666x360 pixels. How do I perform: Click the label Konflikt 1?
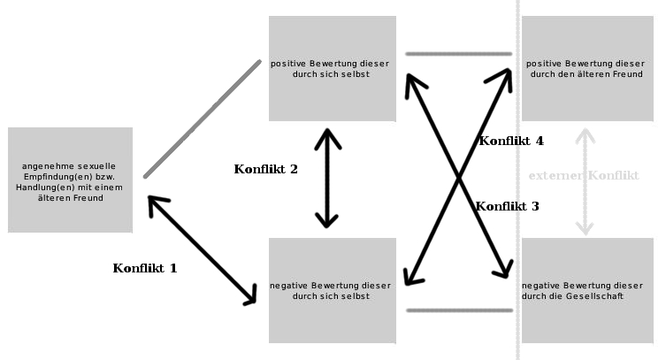[x=145, y=268]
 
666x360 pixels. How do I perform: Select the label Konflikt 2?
[x=265, y=169]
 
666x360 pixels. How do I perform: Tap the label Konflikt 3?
[x=507, y=206]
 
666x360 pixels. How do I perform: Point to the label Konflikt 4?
[x=511, y=141]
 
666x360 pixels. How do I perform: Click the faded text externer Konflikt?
[x=583, y=176]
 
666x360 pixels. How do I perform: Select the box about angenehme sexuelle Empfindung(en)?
[x=70, y=180]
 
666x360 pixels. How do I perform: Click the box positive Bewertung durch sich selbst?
[x=332, y=68]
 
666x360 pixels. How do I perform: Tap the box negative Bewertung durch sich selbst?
[x=332, y=290]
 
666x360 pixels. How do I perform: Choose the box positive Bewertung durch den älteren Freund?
[x=586, y=68]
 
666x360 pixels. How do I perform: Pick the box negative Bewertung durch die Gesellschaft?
[x=586, y=290]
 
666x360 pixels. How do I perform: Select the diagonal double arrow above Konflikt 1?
[x=202, y=251]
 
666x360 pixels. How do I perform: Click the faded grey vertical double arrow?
[x=584, y=182]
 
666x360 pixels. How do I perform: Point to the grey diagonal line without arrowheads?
[x=203, y=119]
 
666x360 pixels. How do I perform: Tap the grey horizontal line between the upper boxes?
[x=458, y=54]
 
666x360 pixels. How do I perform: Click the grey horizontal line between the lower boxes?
[x=458, y=310]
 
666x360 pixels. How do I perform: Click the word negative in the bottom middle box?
[x=288, y=286]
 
